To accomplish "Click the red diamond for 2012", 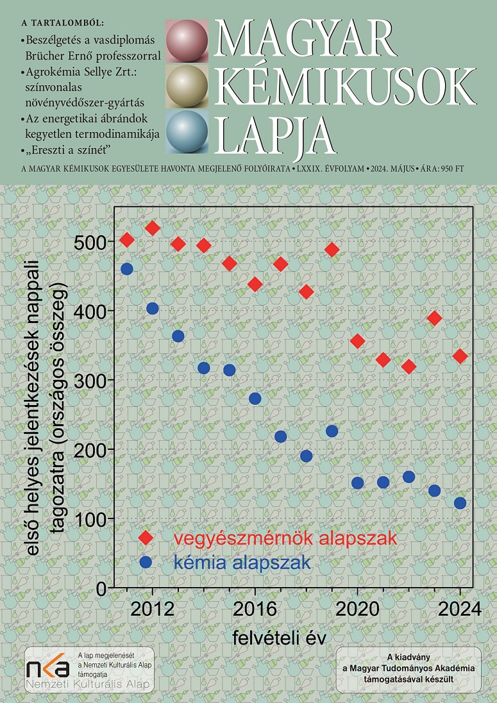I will (153, 228).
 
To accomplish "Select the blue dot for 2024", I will (460, 503).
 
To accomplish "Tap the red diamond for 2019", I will (332, 249).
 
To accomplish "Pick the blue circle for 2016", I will (255, 399).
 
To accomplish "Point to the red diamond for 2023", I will (434, 318).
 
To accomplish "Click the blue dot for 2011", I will (127, 269).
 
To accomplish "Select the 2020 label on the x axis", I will (357, 608).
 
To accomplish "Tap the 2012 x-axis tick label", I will (153, 608).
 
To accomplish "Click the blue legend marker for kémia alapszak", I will (146, 562).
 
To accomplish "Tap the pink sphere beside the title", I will (187, 40).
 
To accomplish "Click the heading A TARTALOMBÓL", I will (63, 24).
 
